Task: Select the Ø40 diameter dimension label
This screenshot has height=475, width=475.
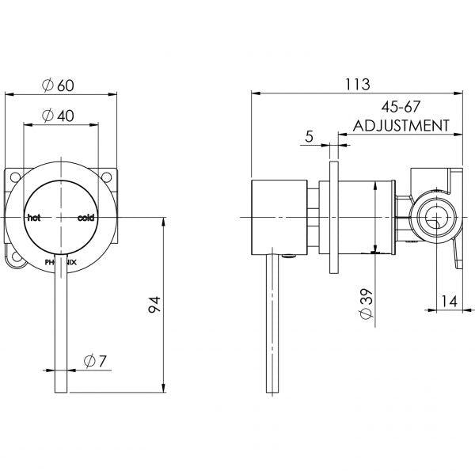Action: click(62, 116)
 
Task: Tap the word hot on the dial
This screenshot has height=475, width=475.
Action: click(33, 217)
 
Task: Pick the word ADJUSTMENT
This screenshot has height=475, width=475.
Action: click(401, 125)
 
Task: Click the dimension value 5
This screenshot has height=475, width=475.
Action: click(308, 136)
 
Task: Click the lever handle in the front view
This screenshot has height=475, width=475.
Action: click(61, 332)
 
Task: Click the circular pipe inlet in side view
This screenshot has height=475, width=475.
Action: click(435, 217)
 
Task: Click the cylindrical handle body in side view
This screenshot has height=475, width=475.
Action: click(279, 217)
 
